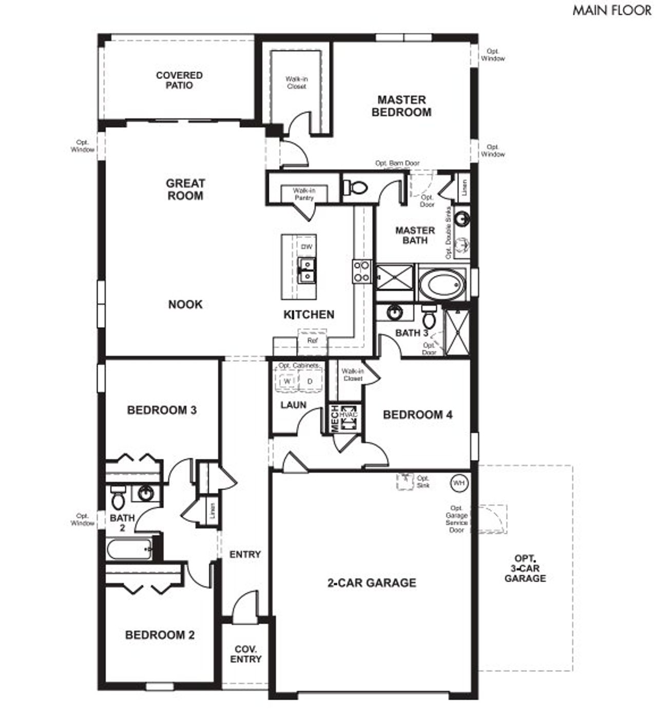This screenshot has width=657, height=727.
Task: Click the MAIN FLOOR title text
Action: click(x=612, y=10)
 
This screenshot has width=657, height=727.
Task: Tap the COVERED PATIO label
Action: click(x=179, y=80)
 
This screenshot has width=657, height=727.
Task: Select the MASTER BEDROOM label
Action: click(x=401, y=106)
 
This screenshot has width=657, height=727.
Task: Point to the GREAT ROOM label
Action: click(x=185, y=189)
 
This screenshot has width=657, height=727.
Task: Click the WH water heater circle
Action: click(x=458, y=483)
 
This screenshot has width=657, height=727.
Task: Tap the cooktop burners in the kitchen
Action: click(x=361, y=271)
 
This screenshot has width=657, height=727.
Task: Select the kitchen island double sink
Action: click(x=307, y=270)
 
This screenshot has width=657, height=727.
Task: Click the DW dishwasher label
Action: click(x=306, y=247)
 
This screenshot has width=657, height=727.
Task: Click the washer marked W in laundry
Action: click(x=287, y=381)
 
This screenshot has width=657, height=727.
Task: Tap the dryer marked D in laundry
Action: click(x=310, y=381)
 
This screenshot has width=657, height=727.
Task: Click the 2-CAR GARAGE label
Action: click(x=372, y=583)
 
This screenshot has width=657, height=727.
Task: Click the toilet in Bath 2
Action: click(x=118, y=497)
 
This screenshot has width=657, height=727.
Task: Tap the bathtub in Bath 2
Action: click(x=129, y=549)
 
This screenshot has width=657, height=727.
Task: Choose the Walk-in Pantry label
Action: click(x=304, y=194)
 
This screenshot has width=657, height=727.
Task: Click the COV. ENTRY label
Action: click(x=245, y=654)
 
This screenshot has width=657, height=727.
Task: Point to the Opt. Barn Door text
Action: click(x=397, y=163)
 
